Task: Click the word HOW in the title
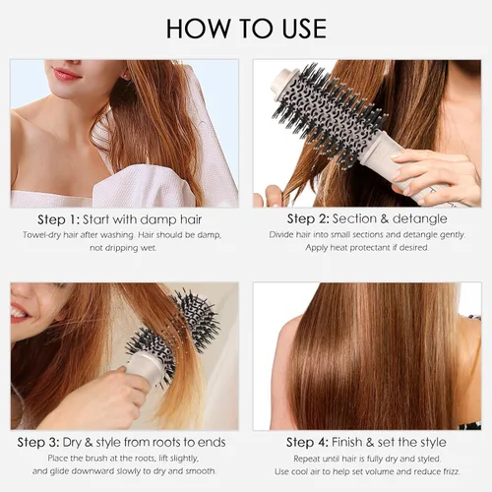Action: (199, 29)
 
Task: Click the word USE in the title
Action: (304, 29)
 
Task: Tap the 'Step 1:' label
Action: (58, 219)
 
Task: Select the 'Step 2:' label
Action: (308, 218)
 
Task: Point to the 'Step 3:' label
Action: (38, 443)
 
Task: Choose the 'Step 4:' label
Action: (307, 443)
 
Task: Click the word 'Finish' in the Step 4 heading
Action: (347, 442)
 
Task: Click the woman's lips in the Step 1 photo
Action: (66, 74)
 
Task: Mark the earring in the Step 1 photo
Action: (125, 77)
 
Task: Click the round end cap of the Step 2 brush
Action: (281, 81)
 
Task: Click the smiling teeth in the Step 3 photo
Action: (19, 314)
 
